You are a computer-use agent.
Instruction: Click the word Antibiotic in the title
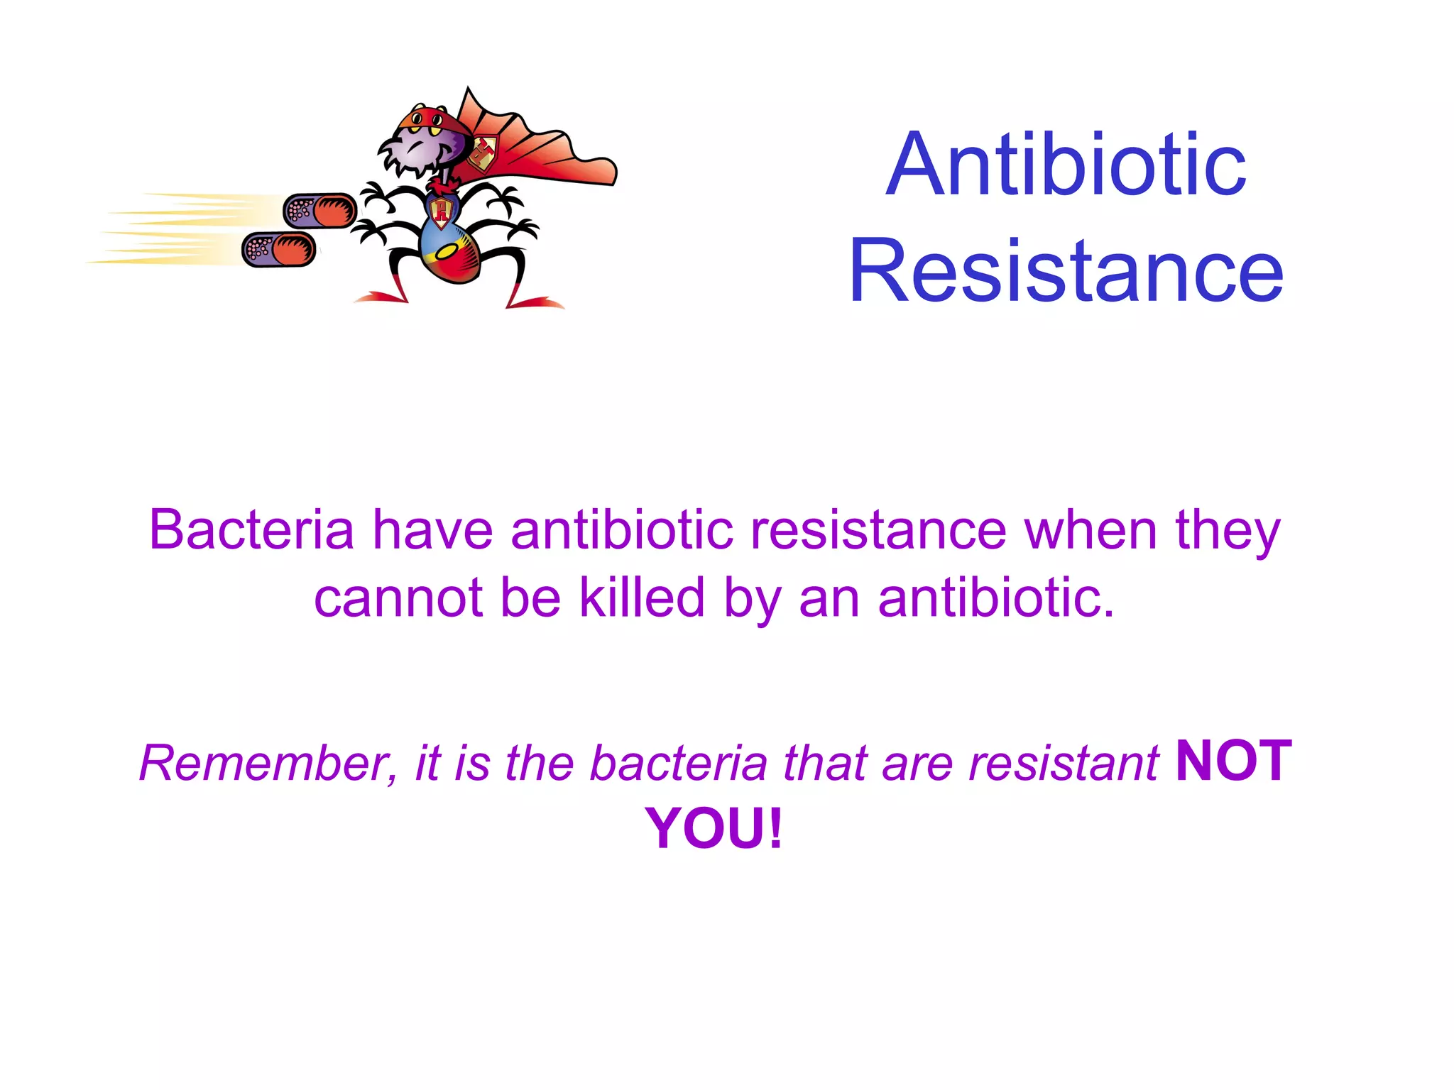1066,165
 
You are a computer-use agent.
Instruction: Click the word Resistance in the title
1066,271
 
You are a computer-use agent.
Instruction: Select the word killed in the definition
642,598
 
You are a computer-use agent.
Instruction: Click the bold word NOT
1233,761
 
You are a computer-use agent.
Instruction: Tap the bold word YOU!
714,828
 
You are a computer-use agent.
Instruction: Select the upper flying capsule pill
320,211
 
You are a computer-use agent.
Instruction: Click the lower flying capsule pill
279,250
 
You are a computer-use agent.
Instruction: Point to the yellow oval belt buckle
448,252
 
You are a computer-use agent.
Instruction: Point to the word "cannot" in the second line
398,598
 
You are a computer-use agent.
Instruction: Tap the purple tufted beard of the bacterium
408,160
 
